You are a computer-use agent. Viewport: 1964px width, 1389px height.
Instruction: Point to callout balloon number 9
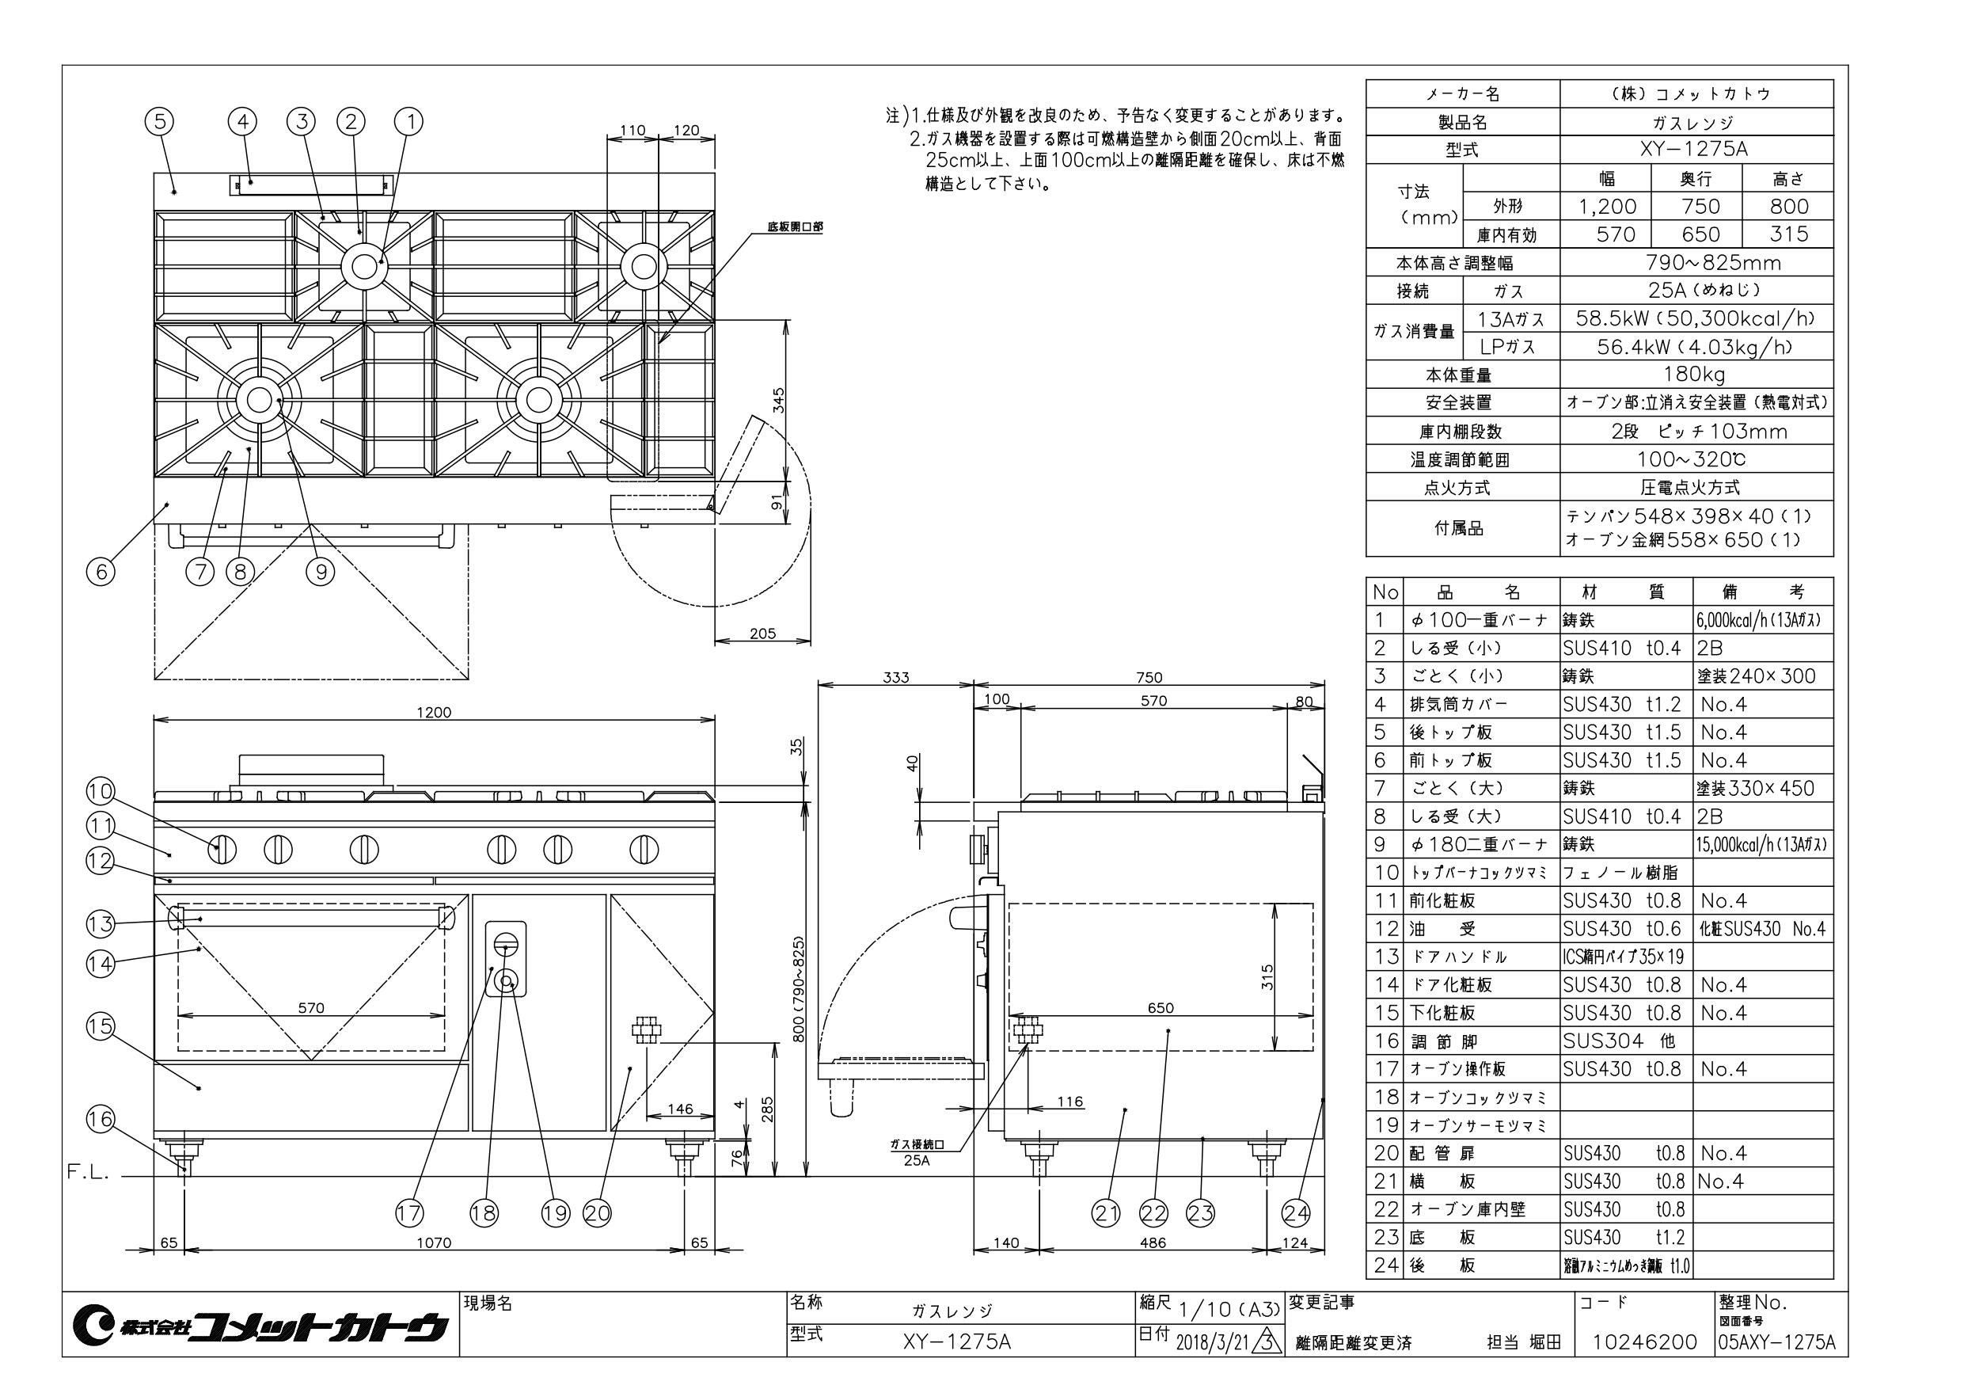pos(321,571)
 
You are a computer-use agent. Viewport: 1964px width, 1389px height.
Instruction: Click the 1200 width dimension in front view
pos(434,712)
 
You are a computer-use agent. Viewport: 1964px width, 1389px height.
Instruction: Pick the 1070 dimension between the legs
pos(434,1242)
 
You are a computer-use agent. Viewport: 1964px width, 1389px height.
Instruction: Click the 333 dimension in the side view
pos(895,678)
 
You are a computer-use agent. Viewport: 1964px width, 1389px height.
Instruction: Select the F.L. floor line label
pos(88,1174)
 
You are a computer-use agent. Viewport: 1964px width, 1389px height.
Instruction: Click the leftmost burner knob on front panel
pos(221,850)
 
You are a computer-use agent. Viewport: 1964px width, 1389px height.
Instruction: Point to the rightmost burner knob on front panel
pos(644,850)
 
